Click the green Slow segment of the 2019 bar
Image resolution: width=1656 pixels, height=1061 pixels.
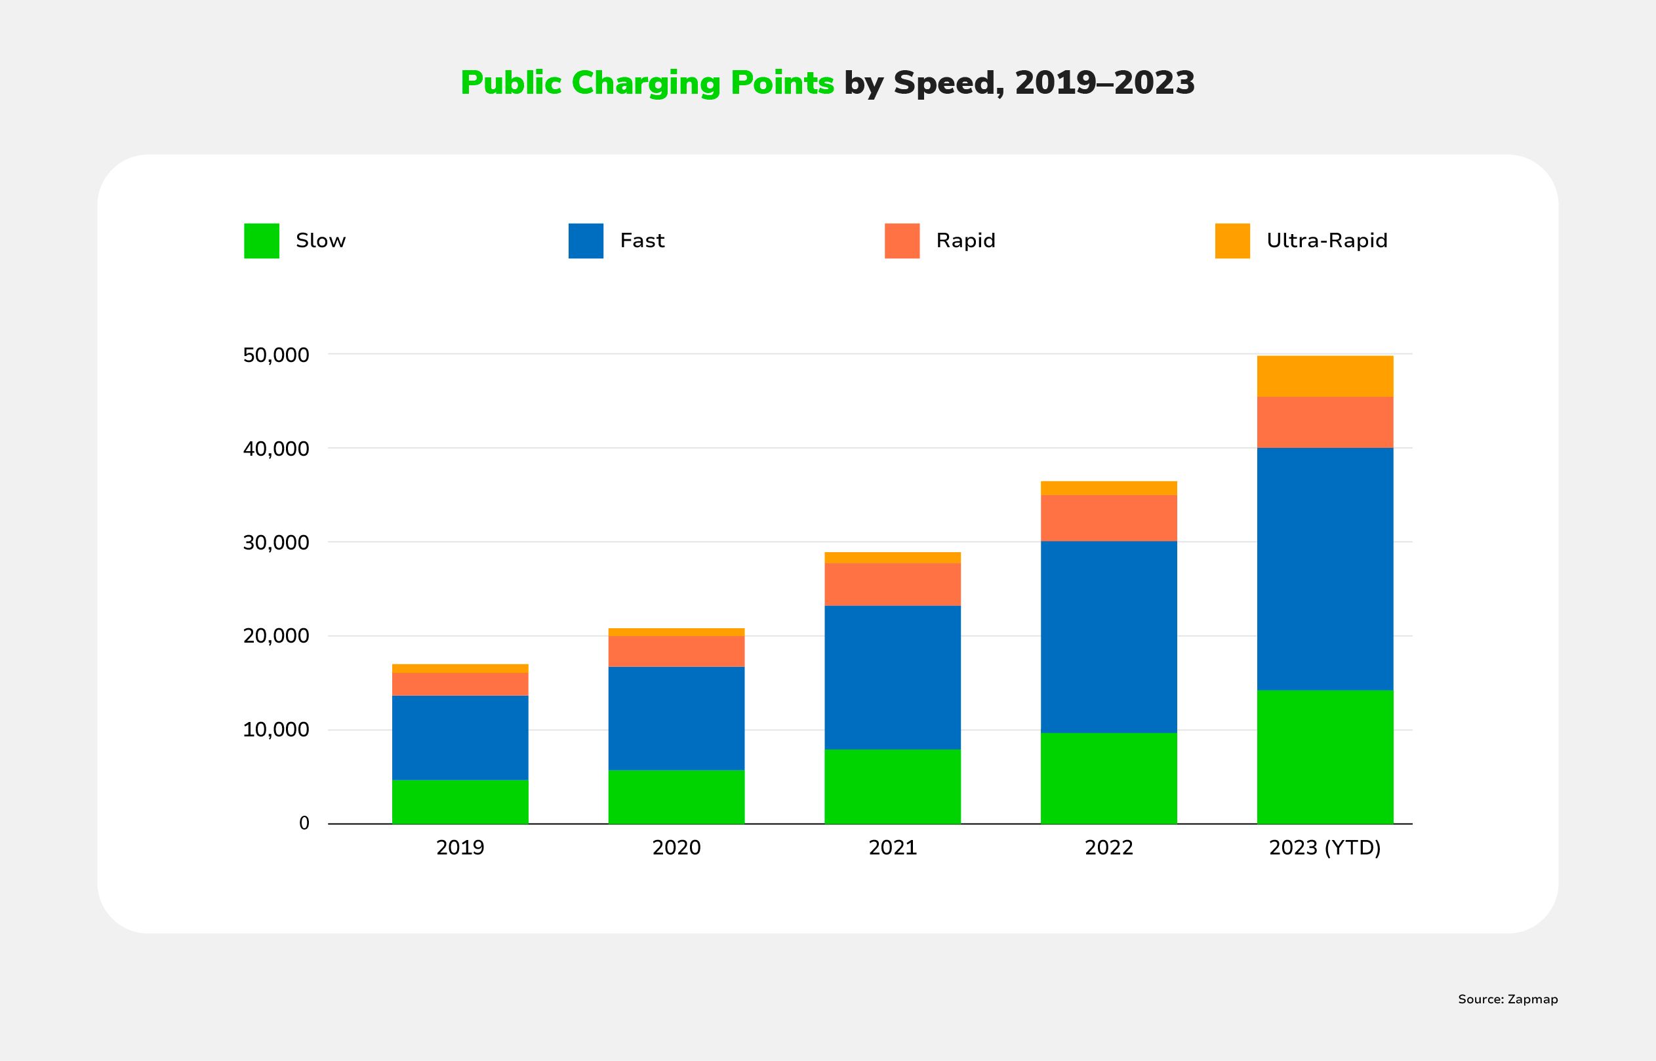pyautogui.click(x=460, y=801)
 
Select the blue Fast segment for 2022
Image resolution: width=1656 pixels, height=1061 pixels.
pyautogui.click(x=1108, y=637)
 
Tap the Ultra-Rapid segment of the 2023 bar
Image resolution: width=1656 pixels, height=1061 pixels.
pyautogui.click(x=1325, y=376)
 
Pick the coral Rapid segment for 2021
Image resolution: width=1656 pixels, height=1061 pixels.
pyautogui.click(x=892, y=584)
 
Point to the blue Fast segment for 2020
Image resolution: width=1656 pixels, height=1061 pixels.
pyautogui.click(x=676, y=718)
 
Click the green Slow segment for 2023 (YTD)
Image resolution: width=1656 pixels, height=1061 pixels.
pyautogui.click(x=1325, y=757)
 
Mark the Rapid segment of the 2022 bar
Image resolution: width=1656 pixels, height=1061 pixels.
pyautogui.click(x=1108, y=518)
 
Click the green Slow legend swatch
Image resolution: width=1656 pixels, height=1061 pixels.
pyautogui.click(x=262, y=241)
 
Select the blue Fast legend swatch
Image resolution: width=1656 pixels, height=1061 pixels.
pyautogui.click(x=586, y=241)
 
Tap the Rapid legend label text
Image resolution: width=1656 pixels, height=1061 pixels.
pyautogui.click(x=966, y=241)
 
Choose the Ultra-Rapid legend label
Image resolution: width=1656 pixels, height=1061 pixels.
pyautogui.click(x=1327, y=241)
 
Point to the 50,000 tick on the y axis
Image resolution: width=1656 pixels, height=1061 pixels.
pyautogui.click(x=276, y=355)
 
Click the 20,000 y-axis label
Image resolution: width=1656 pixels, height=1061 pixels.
pyautogui.click(x=276, y=636)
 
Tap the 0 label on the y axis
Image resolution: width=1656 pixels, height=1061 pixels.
pyautogui.click(x=304, y=824)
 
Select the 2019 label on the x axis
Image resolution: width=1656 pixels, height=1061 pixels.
pyautogui.click(x=460, y=847)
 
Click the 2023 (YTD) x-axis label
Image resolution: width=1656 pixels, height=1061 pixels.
pyautogui.click(x=1325, y=847)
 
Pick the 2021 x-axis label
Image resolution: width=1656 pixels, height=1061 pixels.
pyautogui.click(x=892, y=847)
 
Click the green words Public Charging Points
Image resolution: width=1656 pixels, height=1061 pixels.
pyautogui.click(x=647, y=83)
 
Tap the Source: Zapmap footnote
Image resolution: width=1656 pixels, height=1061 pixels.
pyautogui.click(x=1507, y=999)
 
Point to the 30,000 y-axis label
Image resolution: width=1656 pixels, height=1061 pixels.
pyautogui.click(x=276, y=543)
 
